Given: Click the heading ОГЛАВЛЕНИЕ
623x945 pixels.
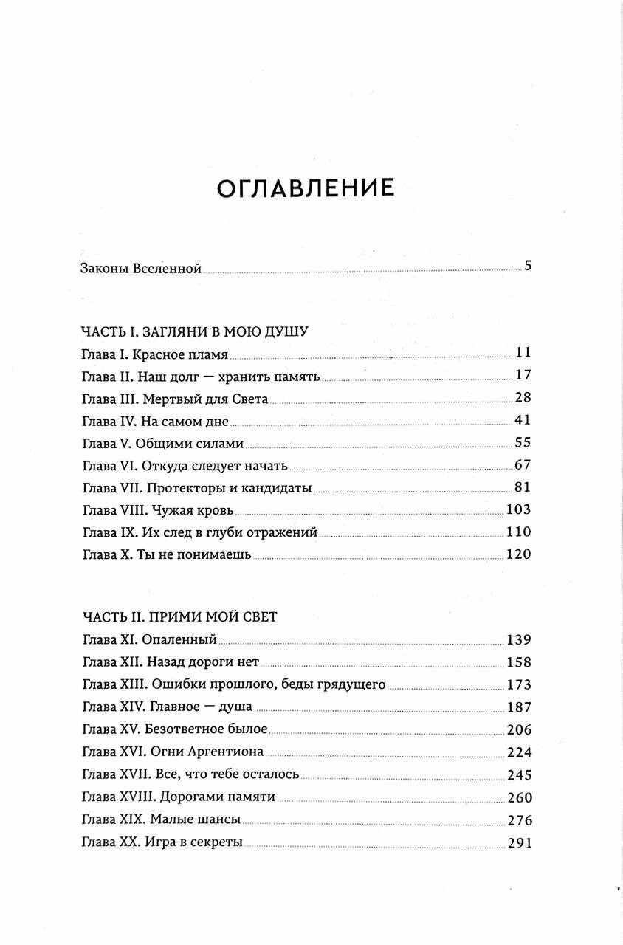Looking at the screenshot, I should [x=306, y=188].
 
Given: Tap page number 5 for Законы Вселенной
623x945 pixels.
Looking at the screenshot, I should [x=528, y=267].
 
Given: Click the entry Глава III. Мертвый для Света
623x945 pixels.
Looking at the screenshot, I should [x=173, y=399].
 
